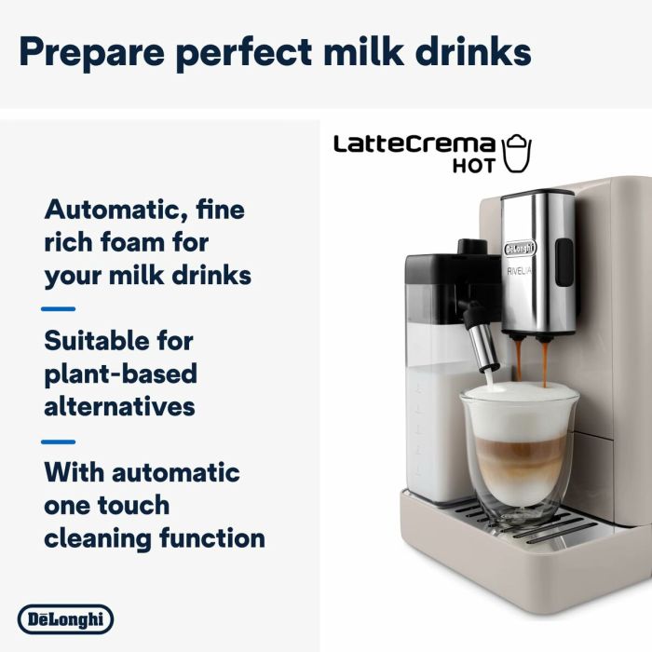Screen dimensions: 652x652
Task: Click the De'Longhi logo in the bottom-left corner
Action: [x=65, y=618]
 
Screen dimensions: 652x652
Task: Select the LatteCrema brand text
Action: [x=414, y=144]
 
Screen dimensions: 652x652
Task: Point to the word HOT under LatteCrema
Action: [x=474, y=168]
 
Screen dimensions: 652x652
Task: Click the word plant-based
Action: [x=120, y=374]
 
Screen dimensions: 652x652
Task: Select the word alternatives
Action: [x=119, y=406]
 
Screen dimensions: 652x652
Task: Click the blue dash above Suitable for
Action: [x=59, y=308]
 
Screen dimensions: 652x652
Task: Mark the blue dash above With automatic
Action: [x=59, y=441]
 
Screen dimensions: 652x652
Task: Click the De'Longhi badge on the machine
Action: [x=521, y=249]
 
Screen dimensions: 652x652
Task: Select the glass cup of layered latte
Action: [x=519, y=456]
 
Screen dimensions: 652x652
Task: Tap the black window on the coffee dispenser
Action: [x=562, y=255]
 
